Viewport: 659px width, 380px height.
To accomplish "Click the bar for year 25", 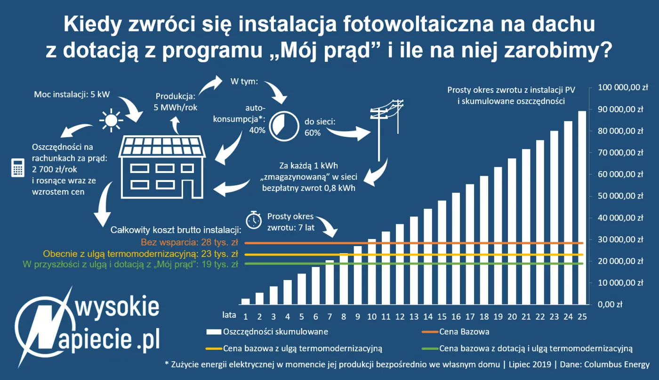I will coord(582,207).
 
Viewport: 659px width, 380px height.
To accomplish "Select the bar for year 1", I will coord(245,301).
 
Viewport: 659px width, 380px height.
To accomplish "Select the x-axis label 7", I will coord(329,315).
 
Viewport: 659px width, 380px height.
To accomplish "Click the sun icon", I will coord(111,120).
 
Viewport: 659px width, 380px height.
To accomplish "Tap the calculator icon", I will coord(17,168).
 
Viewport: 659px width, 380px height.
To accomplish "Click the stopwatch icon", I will coord(254,220).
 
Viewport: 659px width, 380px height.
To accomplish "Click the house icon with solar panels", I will coord(162,166).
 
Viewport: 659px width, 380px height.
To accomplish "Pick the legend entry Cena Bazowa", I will coord(464,331).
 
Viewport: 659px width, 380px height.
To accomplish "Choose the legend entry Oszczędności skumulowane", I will coord(276,331).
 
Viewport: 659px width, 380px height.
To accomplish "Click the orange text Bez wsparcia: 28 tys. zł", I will coord(189,243).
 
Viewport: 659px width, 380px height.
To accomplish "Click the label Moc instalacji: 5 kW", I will coord(72,94).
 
